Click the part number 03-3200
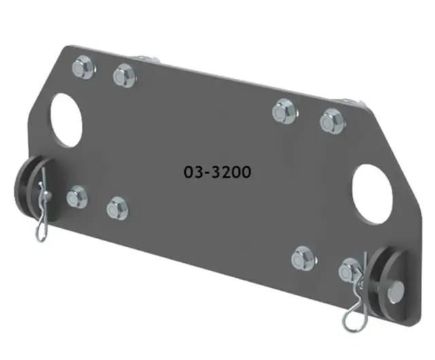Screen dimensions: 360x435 (217, 172)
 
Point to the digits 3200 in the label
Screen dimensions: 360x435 (228, 172)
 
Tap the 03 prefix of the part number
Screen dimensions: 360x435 (192, 172)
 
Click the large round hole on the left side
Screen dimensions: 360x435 (66, 120)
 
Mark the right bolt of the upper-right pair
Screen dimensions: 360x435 (331, 120)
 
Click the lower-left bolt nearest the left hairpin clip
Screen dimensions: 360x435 (77, 198)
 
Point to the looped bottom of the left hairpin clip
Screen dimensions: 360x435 (41, 234)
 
